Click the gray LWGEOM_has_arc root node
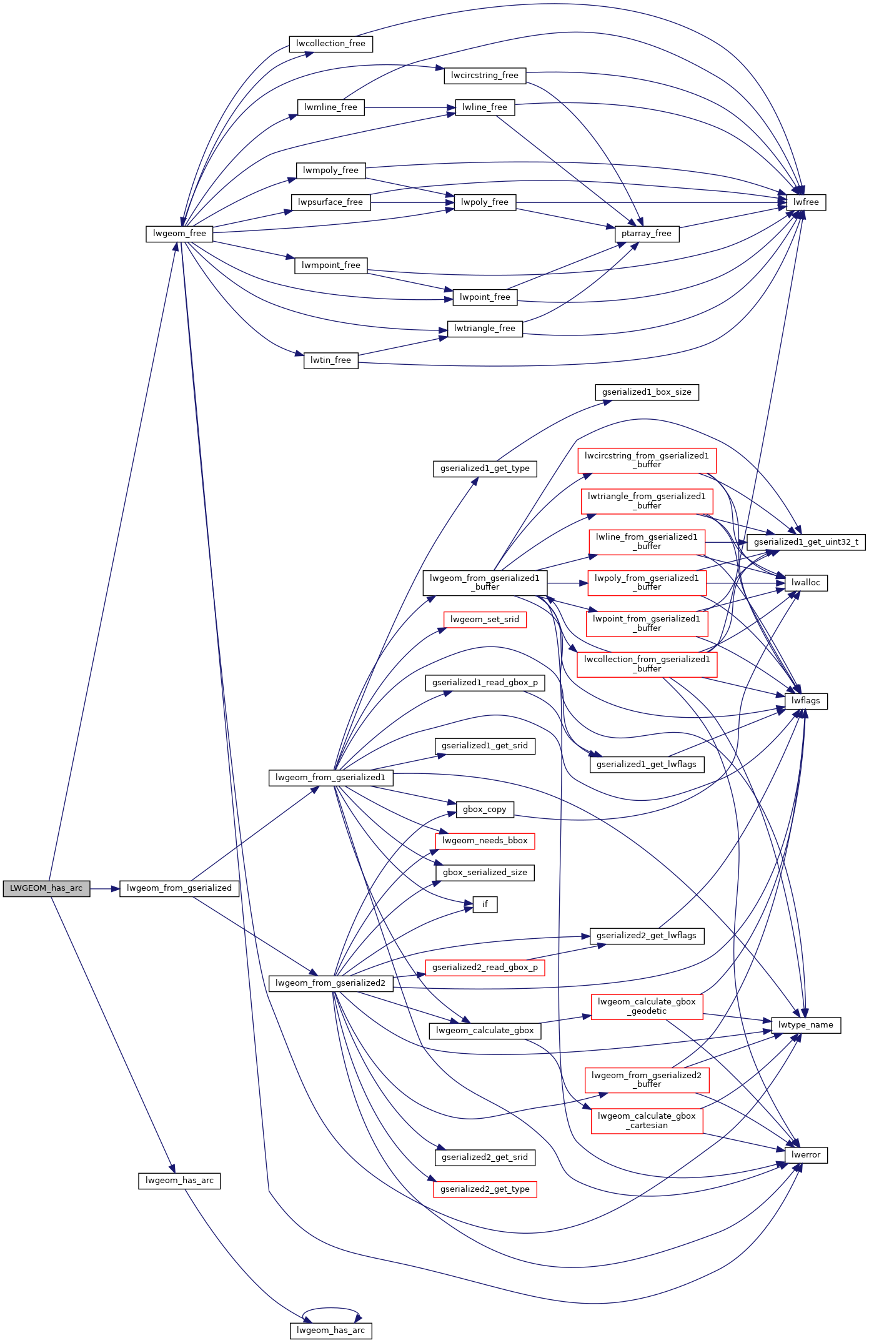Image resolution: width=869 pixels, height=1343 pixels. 46,888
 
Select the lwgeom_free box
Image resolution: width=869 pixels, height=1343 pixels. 179,234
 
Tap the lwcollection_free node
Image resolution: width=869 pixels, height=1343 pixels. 330,44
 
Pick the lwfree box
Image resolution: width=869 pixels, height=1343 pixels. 806,202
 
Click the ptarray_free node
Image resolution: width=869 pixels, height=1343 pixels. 646,234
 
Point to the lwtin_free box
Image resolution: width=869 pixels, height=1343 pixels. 330,360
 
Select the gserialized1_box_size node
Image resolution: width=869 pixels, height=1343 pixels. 647,392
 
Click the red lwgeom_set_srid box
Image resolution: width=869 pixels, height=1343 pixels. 484,620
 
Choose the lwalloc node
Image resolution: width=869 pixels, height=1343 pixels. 805,583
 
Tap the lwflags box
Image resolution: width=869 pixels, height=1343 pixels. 805,701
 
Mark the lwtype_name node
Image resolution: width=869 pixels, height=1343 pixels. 805,1025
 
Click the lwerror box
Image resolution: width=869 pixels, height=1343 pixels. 805,1155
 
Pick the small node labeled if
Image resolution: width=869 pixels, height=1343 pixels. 485,904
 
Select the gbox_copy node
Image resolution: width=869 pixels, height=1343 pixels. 484,810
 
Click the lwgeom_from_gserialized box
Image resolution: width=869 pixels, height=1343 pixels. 179,888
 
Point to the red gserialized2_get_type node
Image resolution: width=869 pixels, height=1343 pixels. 484,1189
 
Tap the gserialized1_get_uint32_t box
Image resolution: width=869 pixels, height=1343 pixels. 806,542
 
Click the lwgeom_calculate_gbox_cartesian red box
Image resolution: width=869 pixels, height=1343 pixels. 647,1121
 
